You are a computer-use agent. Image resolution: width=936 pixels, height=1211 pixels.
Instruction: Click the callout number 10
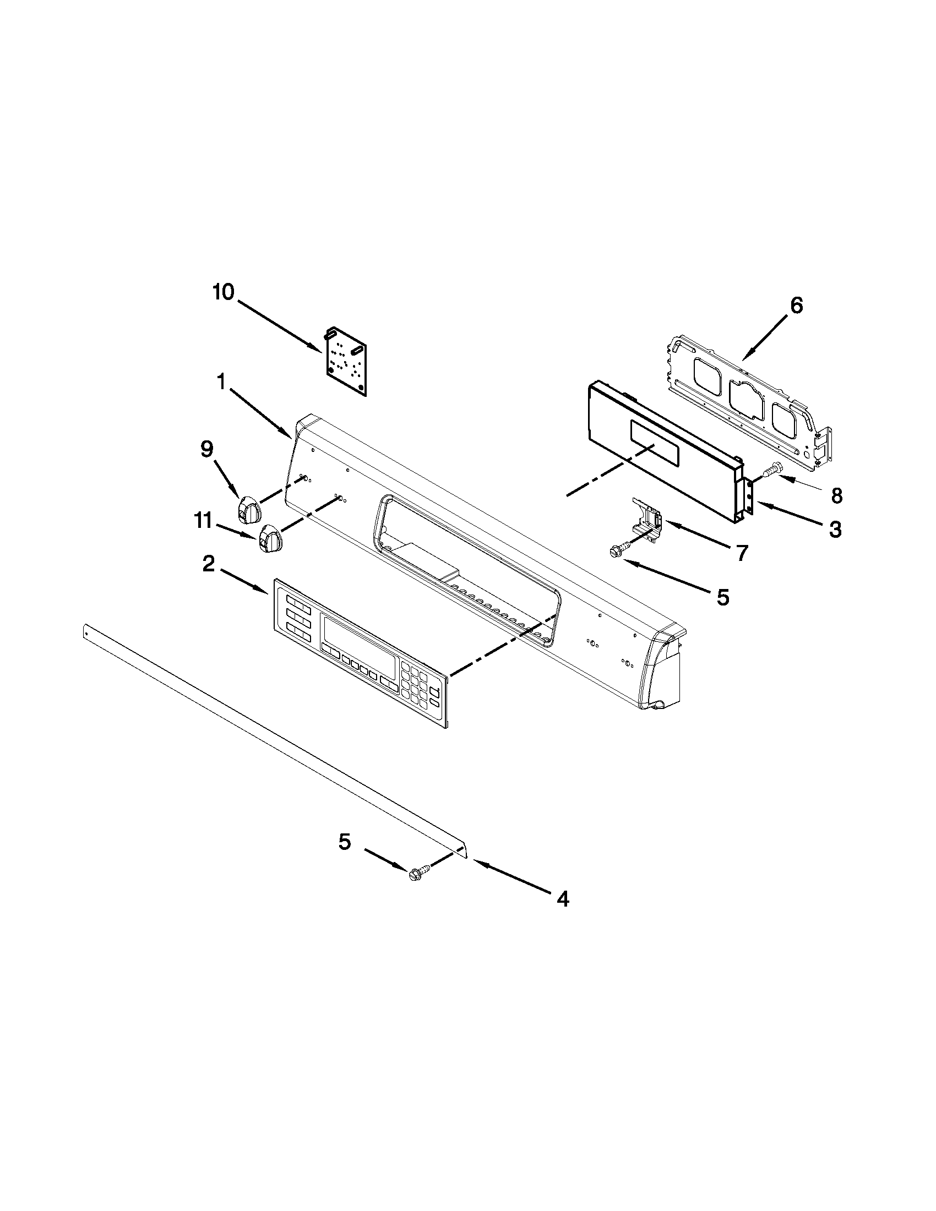[224, 293]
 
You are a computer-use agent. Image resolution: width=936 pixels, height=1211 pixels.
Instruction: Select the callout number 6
[796, 306]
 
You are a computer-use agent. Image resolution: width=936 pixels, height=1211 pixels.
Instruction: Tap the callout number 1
[221, 381]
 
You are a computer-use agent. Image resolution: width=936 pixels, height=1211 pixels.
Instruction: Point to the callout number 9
[206, 449]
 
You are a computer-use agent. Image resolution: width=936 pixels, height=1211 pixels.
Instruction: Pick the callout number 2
[208, 565]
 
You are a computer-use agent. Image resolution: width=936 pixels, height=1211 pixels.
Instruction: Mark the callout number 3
[835, 530]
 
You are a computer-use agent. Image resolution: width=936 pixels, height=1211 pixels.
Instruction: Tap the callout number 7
[742, 552]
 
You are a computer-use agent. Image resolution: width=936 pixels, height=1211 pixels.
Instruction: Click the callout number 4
[562, 899]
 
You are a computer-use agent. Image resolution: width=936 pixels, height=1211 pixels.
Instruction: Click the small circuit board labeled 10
[345, 361]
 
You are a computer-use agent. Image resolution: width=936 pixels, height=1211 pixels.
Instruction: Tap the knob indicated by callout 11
[269, 538]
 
